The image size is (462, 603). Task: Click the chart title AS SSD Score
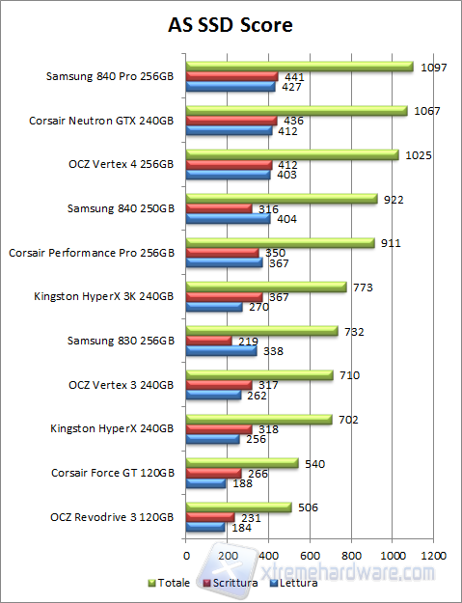click(231, 22)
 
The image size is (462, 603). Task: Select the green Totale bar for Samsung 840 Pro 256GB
click(299, 67)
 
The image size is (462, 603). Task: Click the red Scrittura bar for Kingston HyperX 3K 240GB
click(224, 297)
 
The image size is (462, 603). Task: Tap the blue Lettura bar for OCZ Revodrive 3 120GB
click(204, 527)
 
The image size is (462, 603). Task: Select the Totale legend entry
click(170, 583)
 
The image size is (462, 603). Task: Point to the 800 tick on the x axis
click(351, 556)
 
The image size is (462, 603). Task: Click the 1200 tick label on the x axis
click(433, 556)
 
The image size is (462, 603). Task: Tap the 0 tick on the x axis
click(186, 556)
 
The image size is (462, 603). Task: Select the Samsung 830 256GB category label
click(121, 341)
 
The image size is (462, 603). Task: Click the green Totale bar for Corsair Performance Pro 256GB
click(280, 243)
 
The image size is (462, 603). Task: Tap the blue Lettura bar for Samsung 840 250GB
click(228, 219)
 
